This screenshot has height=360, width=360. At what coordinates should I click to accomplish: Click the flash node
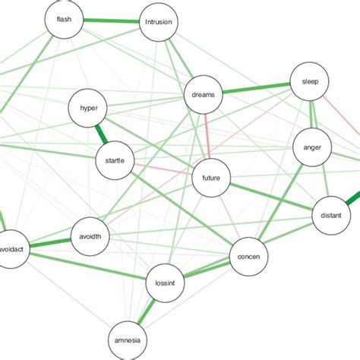point(64,20)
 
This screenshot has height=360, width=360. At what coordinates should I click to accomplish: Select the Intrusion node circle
point(159,23)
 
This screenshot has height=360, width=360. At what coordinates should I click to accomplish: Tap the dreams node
point(203,95)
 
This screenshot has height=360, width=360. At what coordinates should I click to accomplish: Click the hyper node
point(89,109)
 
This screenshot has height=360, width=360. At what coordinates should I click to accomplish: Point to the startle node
point(115,160)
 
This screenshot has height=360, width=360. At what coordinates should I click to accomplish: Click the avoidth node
point(90,236)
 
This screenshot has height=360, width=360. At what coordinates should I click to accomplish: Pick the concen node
point(249,257)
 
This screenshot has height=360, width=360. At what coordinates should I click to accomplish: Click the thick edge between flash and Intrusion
point(111,21)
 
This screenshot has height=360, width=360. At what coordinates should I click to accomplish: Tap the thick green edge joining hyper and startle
point(101,134)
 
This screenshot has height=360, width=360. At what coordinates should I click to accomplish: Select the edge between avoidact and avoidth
point(50,242)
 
